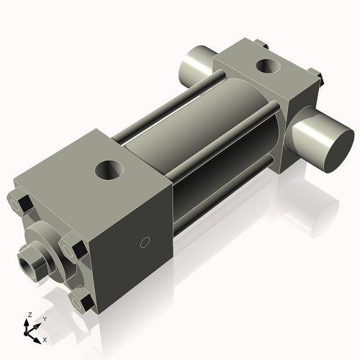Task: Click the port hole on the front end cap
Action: tap(109, 173)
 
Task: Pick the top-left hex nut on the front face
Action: tap(21, 204)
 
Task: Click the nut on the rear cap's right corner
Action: tap(315, 74)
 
